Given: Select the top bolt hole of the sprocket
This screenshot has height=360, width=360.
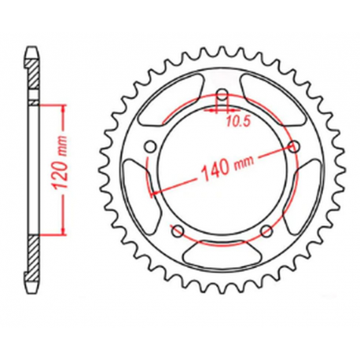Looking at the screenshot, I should (222, 97).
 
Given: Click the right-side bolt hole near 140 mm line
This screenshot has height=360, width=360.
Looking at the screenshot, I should (295, 146).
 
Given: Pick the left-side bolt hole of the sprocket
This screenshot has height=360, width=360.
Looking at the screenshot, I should (149, 146).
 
